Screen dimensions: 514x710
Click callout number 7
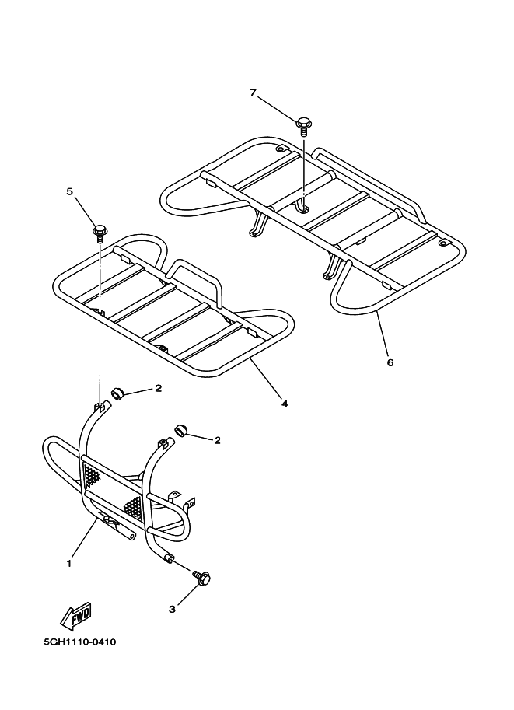click(253, 93)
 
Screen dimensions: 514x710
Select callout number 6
click(390, 362)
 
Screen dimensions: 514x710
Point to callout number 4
click(284, 404)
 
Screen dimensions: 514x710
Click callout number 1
click(69, 562)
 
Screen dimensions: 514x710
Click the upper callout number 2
click(158, 387)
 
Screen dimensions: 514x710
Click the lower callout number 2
click(217, 440)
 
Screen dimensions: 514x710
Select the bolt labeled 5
click(100, 231)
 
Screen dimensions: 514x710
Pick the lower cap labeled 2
click(182, 430)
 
